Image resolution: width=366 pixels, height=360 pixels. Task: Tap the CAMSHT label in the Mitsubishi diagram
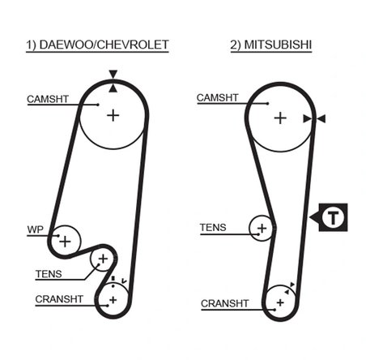(219, 99)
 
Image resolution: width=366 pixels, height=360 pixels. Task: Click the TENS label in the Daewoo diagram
(48, 274)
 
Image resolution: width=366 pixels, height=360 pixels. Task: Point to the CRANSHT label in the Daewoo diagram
(58, 299)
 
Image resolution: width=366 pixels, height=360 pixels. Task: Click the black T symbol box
(332, 217)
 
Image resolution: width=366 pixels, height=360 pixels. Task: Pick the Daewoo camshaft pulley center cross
(113, 115)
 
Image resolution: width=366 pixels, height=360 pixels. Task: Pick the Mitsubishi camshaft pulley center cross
(279, 118)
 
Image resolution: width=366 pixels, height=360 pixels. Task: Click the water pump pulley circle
(65, 241)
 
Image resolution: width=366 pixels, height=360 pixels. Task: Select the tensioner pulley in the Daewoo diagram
(103, 259)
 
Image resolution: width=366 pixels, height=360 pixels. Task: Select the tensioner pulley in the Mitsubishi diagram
(261, 229)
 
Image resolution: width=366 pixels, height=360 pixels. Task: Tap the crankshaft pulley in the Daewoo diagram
(113, 300)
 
